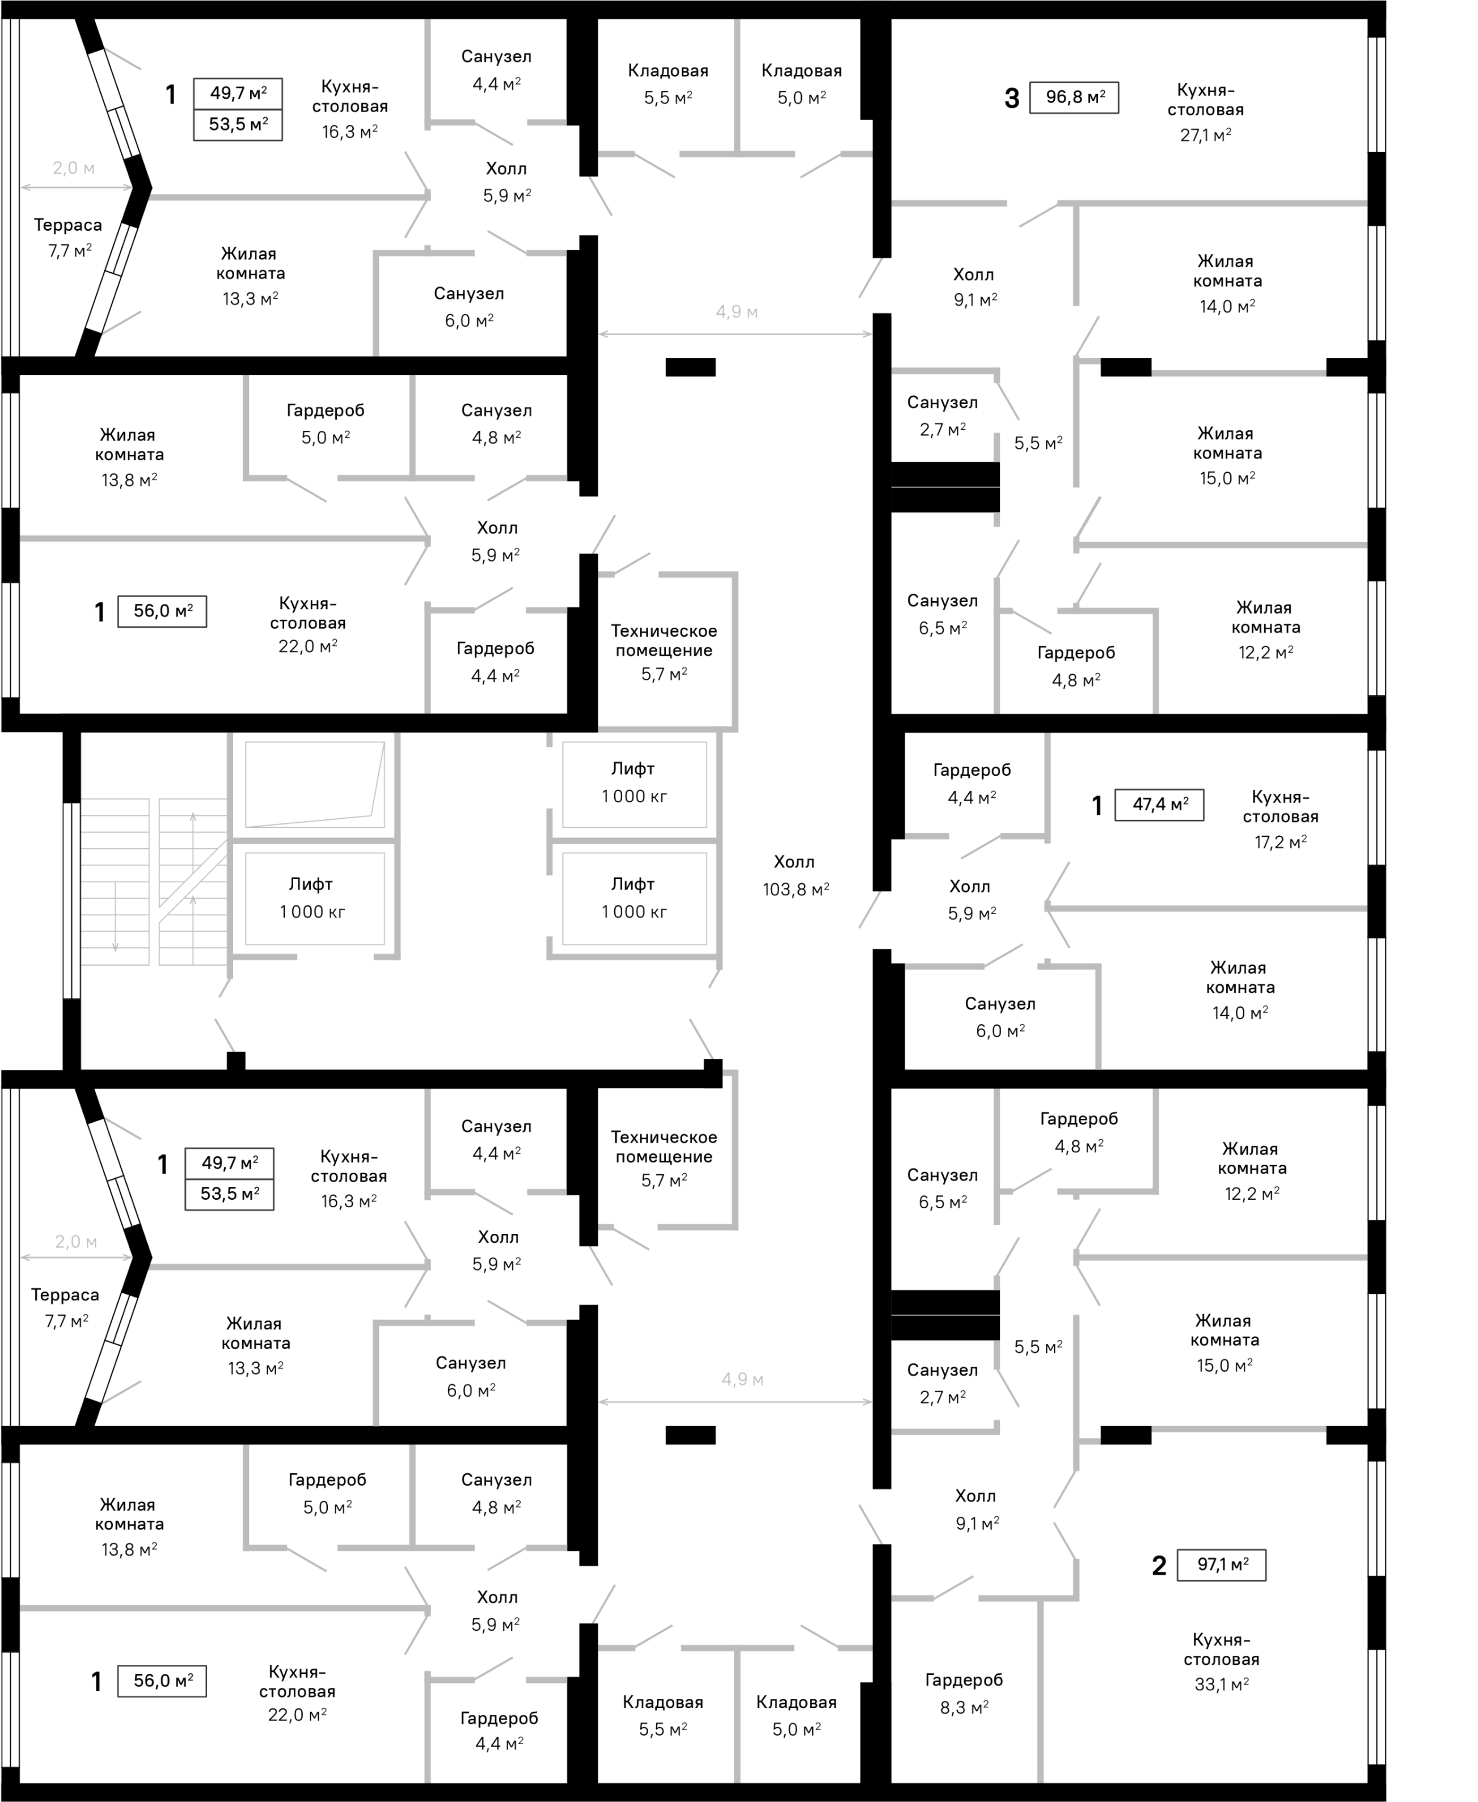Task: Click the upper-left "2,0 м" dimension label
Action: (x=73, y=168)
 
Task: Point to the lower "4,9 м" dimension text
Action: (x=742, y=1380)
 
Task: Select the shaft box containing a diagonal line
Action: (x=315, y=784)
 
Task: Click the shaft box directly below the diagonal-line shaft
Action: (x=315, y=899)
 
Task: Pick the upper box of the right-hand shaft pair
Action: (x=634, y=784)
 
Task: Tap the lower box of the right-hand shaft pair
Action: (x=634, y=899)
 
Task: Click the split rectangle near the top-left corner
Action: (x=238, y=110)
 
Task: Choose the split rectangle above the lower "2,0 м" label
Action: (x=230, y=1179)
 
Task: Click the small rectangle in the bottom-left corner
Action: (x=162, y=1681)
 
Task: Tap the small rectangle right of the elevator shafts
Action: (x=1160, y=805)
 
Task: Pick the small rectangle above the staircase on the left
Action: (x=162, y=611)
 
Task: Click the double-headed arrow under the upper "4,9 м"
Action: (x=736, y=335)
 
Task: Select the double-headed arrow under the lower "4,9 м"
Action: (x=736, y=1402)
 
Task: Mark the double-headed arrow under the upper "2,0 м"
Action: (x=77, y=187)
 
